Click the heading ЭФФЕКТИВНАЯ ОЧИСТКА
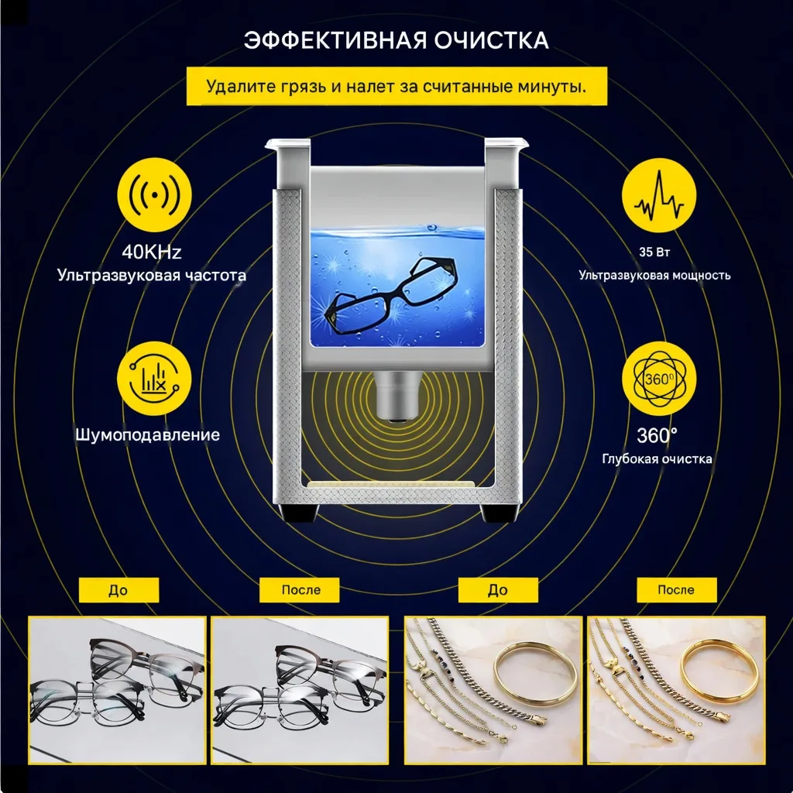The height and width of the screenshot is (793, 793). (x=396, y=40)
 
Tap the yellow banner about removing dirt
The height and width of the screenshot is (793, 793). (x=396, y=86)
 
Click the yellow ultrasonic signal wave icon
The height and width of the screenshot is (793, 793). (x=154, y=194)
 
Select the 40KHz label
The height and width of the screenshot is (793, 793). (x=151, y=252)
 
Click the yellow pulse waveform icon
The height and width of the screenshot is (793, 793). (x=658, y=195)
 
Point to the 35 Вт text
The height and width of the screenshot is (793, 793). (x=654, y=252)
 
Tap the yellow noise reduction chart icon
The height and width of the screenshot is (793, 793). (x=154, y=378)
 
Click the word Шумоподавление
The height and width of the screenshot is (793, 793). (x=148, y=435)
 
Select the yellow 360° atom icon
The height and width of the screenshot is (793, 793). (x=658, y=379)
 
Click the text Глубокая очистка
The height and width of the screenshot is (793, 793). (x=657, y=458)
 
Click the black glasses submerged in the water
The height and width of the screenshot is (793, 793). (x=390, y=295)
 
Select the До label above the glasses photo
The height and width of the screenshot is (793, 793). (x=118, y=590)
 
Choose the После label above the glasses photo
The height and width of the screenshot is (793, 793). (x=300, y=590)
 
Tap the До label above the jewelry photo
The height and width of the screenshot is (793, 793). (x=498, y=590)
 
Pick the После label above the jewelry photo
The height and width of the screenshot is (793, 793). (x=677, y=590)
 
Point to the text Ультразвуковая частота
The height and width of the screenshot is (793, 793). (x=152, y=276)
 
